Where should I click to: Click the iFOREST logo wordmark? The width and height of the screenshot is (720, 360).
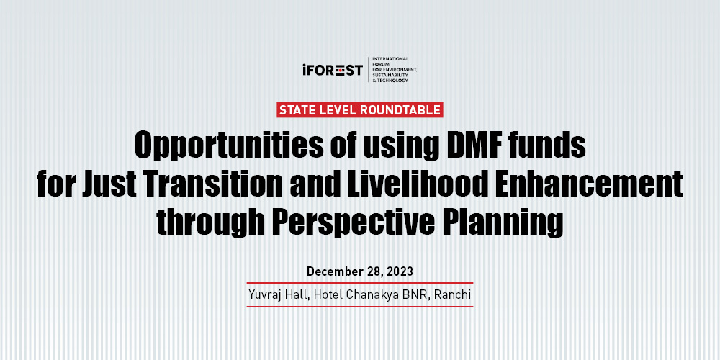coord(333,70)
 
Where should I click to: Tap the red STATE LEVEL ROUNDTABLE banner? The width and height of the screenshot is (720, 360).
coord(359,109)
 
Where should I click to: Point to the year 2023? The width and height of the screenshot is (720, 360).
coord(400,271)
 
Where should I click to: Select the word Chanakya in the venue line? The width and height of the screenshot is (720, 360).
coord(371,294)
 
